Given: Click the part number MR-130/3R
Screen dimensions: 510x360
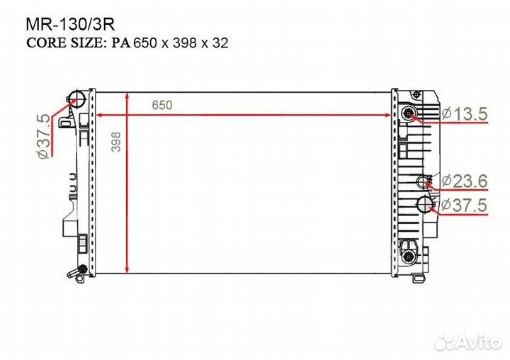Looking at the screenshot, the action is pyautogui.click(x=70, y=24).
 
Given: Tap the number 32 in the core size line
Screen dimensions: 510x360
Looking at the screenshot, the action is pyautogui.click(x=220, y=43).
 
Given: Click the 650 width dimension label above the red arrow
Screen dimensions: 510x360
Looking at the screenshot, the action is pyautogui.click(x=162, y=105).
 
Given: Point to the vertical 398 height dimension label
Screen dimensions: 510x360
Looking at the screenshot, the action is pyautogui.click(x=116, y=142).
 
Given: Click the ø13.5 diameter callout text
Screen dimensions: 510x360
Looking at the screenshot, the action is pyautogui.click(x=465, y=114).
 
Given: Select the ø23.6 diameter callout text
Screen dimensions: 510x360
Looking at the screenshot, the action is pyautogui.click(x=465, y=181).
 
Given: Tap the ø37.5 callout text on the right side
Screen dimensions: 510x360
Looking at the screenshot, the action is pyautogui.click(x=465, y=205).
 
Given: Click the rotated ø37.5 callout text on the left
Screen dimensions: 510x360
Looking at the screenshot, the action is pyautogui.click(x=44, y=136).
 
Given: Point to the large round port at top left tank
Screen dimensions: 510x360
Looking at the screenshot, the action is pyautogui.click(x=76, y=98).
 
